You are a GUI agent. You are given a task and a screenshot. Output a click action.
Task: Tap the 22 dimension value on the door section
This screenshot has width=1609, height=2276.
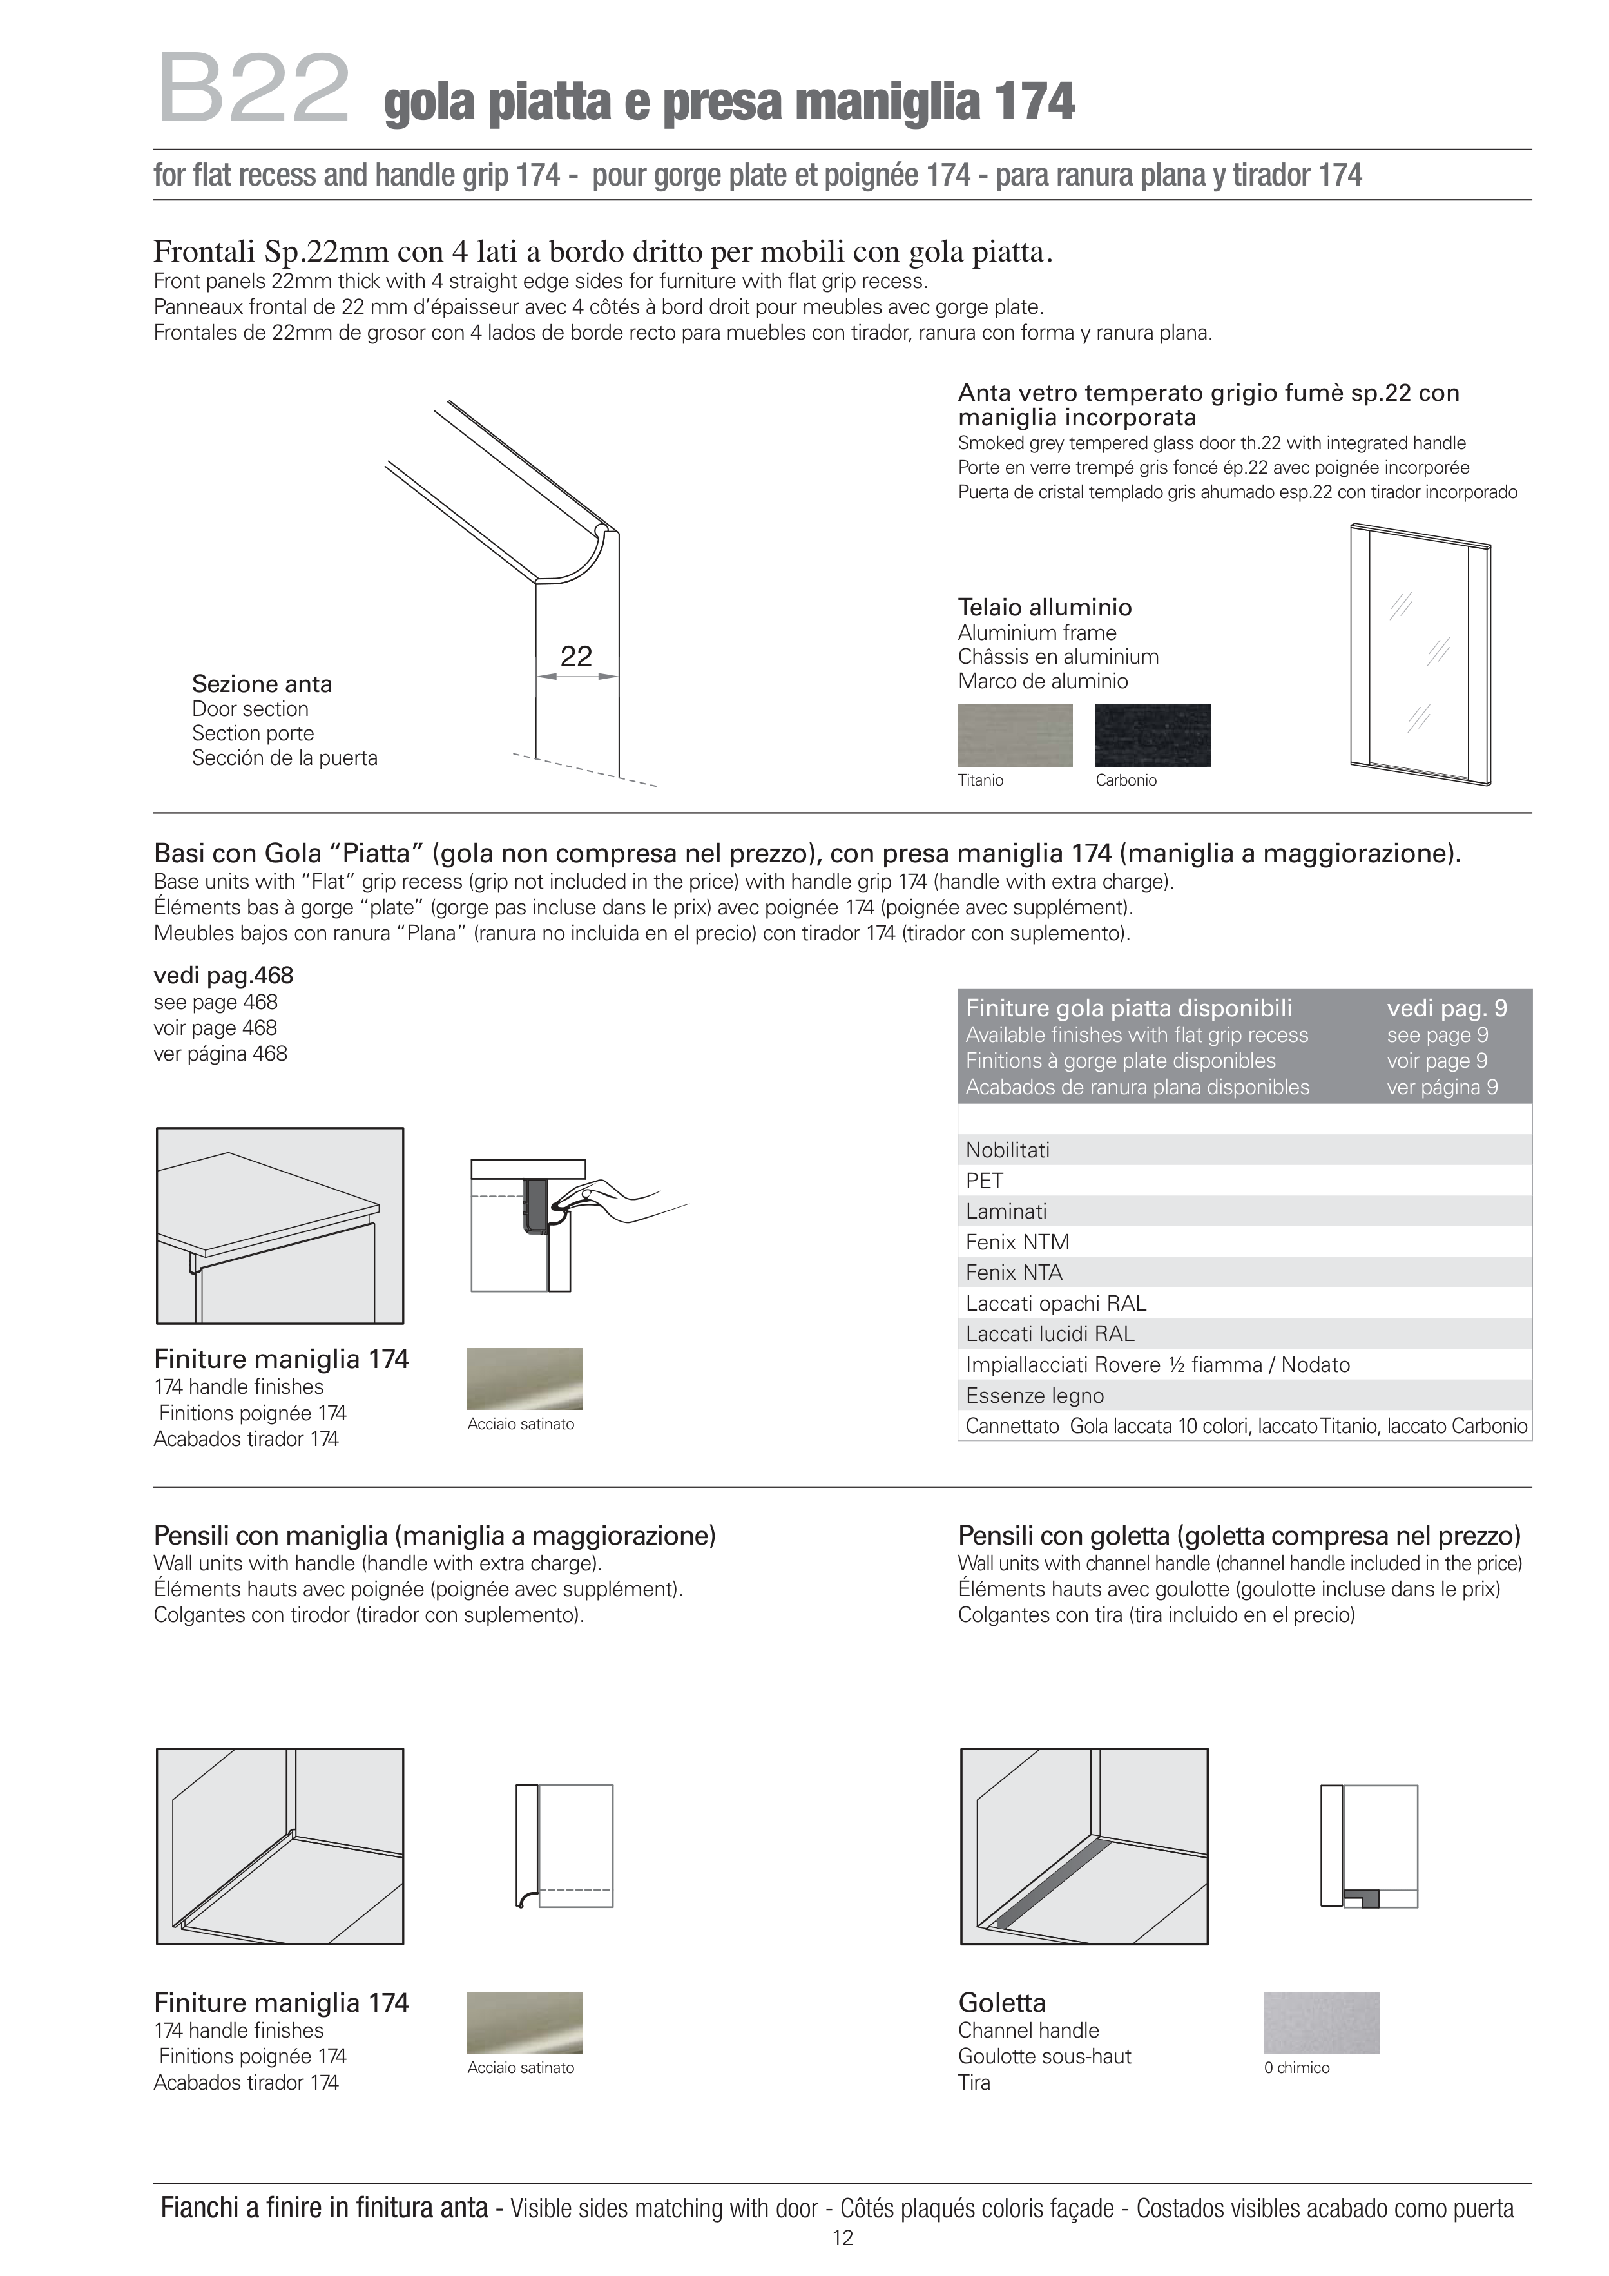click(576, 656)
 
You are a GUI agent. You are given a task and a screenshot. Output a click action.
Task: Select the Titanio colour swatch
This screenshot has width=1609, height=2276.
click(1014, 735)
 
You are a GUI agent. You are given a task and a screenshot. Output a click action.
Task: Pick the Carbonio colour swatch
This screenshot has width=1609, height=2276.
click(1152, 735)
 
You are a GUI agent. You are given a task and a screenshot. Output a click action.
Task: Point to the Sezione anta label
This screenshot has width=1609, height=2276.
click(262, 684)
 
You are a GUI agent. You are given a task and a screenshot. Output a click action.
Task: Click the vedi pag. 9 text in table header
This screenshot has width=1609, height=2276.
click(1447, 1008)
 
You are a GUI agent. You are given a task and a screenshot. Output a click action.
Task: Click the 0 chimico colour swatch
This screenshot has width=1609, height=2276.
click(1320, 2022)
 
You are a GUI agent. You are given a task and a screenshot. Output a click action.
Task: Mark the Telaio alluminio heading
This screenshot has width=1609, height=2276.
click(1044, 608)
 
